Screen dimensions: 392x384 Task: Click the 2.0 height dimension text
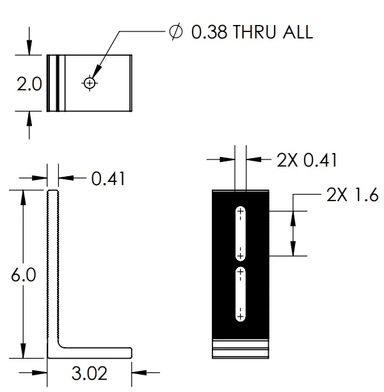tap(29, 84)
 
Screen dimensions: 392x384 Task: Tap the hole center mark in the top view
tap(90, 83)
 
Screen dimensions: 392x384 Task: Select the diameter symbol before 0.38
tap(175, 32)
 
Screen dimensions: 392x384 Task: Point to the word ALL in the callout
tap(297, 32)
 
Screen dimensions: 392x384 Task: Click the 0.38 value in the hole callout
tap(209, 32)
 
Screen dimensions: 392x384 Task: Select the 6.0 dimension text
tap(23, 275)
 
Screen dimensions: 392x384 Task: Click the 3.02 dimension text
tap(88, 373)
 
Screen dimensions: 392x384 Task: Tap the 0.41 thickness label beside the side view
tap(108, 178)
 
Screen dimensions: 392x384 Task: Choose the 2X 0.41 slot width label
tap(307, 160)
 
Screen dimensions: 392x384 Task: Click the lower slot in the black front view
tap(241, 294)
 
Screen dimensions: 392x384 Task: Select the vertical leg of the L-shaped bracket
tap(53, 269)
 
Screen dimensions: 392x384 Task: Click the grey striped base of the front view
tap(241, 348)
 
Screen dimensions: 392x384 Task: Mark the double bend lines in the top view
tap(58, 83)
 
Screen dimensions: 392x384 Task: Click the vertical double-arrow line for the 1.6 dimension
tap(293, 233)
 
